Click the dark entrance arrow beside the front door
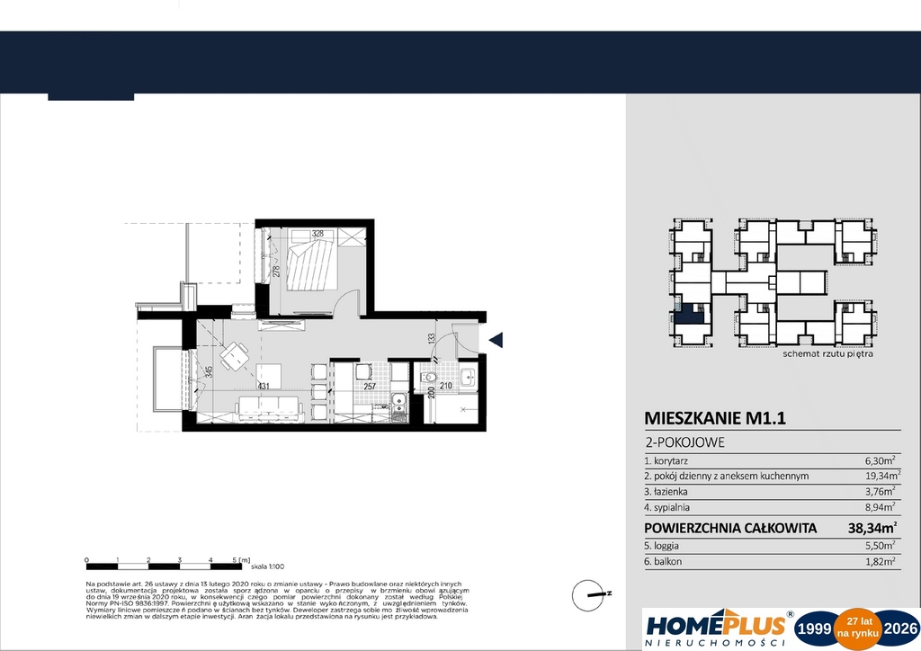click(495, 339)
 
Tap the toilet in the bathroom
click(430, 378)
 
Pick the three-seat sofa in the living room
click(268, 407)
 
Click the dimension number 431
click(264, 386)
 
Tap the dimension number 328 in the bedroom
click(318, 234)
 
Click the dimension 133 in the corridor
click(432, 339)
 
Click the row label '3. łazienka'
click(666, 491)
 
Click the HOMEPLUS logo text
click(715, 623)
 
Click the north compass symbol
click(591, 593)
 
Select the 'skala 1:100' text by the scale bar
click(267, 566)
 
